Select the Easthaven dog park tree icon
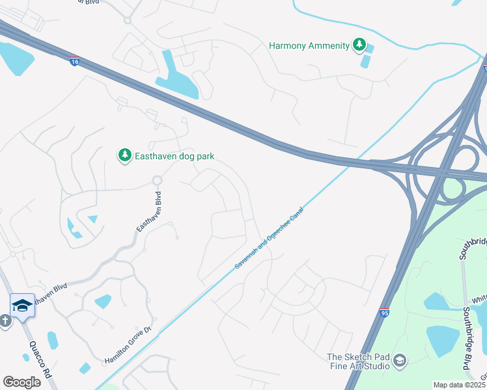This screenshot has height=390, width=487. [124, 156]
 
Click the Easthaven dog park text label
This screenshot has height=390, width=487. [174, 156]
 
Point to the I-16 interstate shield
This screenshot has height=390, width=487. [75, 60]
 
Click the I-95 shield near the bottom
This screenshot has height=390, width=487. [385, 313]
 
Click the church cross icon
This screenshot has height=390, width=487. [5, 320]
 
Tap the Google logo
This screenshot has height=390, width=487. [21, 382]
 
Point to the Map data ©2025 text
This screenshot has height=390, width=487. [459, 385]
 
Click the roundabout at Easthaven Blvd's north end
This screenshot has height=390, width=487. [157, 180]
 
